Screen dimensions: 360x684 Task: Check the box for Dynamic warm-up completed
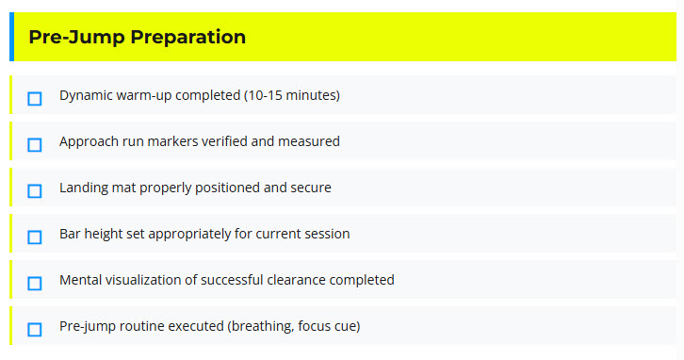pos(35,98)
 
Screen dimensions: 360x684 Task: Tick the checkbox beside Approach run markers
pos(35,144)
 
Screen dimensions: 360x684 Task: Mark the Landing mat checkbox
pos(35,190)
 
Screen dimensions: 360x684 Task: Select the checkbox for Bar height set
pos(35,237)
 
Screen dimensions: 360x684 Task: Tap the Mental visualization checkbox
pos(35,283)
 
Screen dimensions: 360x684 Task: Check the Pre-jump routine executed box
pos(35,329)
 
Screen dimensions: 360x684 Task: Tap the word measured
pos(309,141)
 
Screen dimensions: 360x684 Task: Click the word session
pos(325,234)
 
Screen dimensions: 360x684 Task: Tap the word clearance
pos(296,280)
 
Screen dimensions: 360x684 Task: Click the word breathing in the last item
pos(259,326)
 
